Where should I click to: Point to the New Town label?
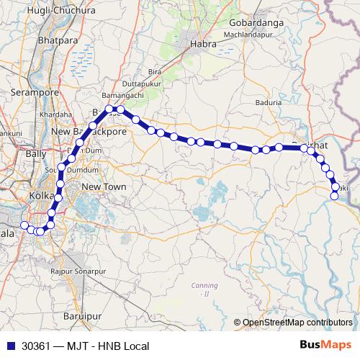click(104, 187)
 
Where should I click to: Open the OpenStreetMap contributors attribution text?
click(297, 323)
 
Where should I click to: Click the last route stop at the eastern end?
click(334, 196)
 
